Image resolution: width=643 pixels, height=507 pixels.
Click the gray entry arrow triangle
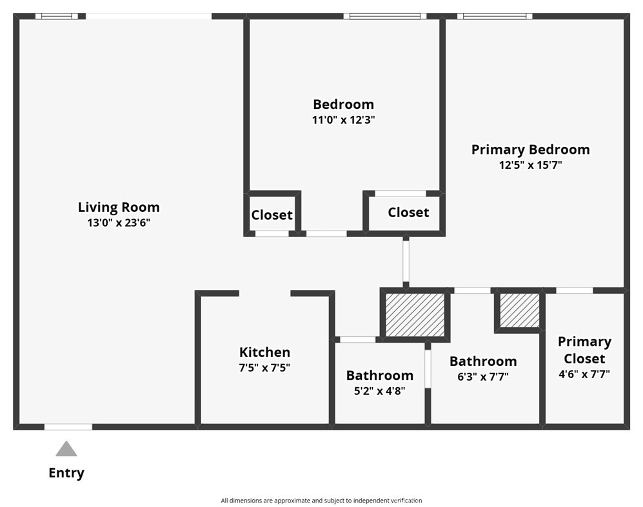click(66, 449)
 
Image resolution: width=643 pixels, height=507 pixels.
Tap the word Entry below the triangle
click(66, 473)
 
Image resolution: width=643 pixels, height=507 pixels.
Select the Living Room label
click(119, 207)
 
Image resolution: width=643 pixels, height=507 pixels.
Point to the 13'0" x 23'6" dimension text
click(119, 223)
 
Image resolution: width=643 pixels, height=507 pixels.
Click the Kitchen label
click(264, 352)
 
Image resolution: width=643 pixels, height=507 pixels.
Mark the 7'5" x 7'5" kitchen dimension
click(264, 368)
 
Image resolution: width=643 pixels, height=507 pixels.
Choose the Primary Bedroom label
click(531, 150)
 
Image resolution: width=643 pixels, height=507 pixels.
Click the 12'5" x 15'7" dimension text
click(531, 165)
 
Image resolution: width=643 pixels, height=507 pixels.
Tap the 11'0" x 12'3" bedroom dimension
click(344, 120)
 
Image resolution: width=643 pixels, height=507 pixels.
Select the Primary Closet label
click(584, 350)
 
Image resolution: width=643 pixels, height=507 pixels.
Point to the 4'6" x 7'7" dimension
click(584, 374)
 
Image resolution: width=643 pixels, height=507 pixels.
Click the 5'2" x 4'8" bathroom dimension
click(380, 391)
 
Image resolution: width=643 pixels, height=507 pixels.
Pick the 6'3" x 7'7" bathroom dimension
click(483, 377)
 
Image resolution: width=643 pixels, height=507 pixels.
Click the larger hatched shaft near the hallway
click(415, 315)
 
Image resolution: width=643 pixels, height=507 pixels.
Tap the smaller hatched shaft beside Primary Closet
click(520, 310)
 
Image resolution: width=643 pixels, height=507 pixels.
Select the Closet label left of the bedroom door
click(272, 215)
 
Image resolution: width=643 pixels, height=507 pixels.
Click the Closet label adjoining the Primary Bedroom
click(408, 213)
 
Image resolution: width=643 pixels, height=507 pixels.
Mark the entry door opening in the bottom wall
click(68, 427)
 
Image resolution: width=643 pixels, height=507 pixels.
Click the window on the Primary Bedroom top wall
click(495, 16)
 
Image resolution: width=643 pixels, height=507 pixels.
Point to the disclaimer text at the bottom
click(321, 501)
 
